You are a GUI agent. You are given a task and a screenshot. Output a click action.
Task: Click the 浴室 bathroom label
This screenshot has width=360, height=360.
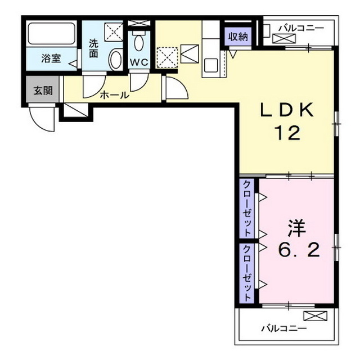(x=51, y=58)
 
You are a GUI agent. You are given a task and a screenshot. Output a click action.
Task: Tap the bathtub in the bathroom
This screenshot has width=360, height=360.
(x=51, y=34)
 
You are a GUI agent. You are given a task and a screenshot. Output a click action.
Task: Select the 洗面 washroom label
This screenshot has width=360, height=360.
(x=93, y=48)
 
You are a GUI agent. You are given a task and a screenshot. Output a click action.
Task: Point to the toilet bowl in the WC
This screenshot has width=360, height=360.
(x=138, y=43)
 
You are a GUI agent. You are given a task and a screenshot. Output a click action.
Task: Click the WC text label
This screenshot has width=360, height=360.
(x=139, y=62)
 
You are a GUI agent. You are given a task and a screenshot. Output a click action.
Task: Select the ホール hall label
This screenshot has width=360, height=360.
(x=114, y=95)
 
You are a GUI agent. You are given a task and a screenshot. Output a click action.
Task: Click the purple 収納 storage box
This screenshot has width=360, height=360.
(x=238, y=37)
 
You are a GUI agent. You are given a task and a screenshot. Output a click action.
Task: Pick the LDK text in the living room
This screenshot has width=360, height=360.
(x=287, y=110)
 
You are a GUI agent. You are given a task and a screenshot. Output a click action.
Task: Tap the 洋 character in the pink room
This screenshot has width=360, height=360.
(x=297, y=228)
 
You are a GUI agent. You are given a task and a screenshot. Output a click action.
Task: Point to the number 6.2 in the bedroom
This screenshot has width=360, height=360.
(x=299, y=250)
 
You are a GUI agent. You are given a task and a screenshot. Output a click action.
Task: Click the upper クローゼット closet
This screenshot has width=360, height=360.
(x=247, y=209)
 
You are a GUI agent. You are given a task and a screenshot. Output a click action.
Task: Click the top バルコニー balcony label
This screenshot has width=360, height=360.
(x=301, y=28)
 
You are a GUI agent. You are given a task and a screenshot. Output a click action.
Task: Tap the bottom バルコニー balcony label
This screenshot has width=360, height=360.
(x=284, y=328)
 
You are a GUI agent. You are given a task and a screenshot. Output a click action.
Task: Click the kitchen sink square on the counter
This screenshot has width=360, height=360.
(x=211, y=65)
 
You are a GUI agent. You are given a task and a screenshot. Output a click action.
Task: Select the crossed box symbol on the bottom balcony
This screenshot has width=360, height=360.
(x=315, y=316)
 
